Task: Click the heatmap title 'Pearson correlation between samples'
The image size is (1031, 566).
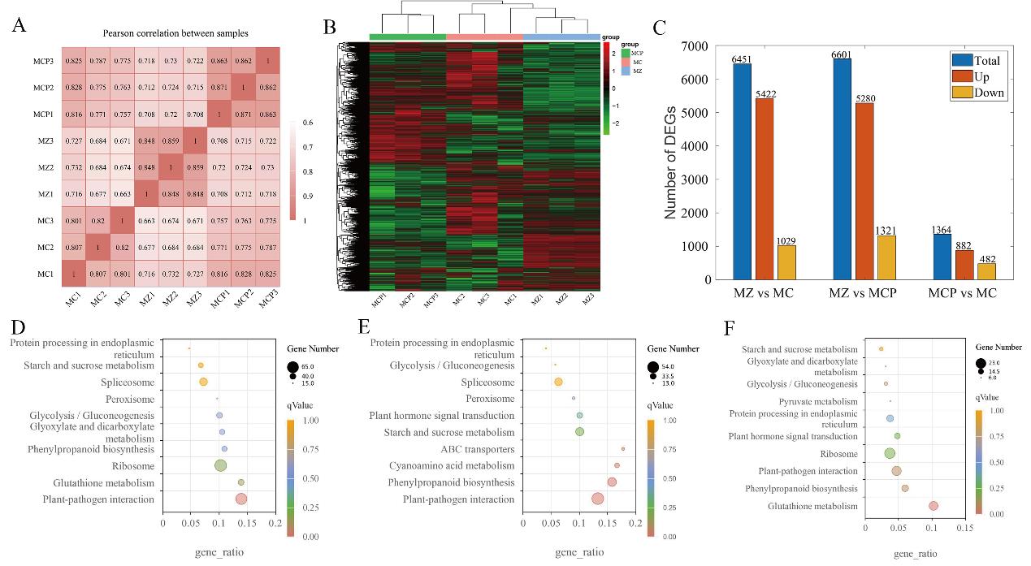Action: (x=175, y=33)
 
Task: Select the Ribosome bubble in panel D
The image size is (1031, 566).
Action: (x=219, y=465)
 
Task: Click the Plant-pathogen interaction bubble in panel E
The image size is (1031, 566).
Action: (x=597, y=499)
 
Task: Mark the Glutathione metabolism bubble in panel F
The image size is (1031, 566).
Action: (x=934, y=506)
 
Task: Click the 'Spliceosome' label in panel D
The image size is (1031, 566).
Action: (x=127, y=382)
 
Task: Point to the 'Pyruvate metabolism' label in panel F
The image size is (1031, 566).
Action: (x=818, y=401)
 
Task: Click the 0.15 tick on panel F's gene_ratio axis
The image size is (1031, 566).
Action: (x=964, y=528)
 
